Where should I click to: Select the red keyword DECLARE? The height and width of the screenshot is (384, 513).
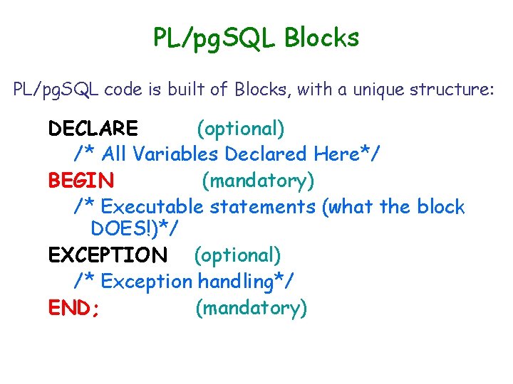(93, 129)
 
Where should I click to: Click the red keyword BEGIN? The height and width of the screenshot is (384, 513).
(81, 181)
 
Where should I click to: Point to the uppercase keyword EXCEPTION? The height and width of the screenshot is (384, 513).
(108, 255)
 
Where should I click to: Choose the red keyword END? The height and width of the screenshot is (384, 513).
(73, 308)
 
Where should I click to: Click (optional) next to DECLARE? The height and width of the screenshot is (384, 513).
(241, 129)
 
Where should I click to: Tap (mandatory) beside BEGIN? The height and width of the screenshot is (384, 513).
(258, 181)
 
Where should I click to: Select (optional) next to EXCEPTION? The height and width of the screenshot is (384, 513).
(237, 255)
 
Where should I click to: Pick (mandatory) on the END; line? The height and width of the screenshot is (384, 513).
(251, 308)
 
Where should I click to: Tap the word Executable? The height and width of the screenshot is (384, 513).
(153, 207)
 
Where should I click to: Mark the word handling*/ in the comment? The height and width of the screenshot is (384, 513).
(246, 282)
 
